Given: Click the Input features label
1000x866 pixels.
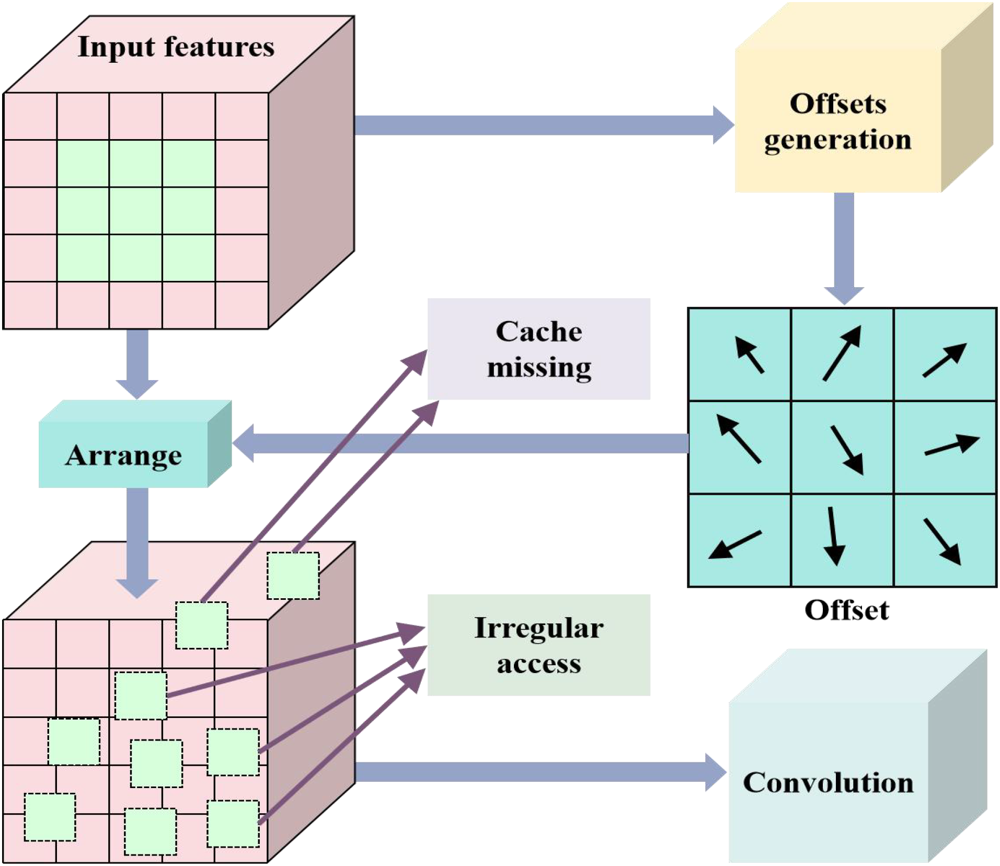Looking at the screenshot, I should click(176, 47).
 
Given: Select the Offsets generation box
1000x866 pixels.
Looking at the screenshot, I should click(838, 121).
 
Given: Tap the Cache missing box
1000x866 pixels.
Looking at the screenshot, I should click(538, 349).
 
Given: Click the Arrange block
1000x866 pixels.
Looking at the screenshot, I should click(124, 455).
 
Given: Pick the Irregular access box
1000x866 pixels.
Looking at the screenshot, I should click(538, 645).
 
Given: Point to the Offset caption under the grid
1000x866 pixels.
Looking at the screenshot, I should click(846, 610).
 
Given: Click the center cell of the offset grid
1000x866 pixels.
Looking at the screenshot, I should click(842, 448).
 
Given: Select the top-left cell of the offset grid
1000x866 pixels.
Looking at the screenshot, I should click(739, 355).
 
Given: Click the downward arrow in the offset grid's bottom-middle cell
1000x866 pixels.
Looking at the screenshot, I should click(834, 536).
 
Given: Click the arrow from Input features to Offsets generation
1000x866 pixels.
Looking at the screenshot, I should click(538, 126).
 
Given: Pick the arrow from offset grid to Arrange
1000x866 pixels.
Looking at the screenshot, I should click(460, 443).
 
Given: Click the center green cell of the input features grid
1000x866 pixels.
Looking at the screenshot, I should click(136, 211).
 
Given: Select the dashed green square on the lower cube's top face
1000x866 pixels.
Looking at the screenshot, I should click(293, 576).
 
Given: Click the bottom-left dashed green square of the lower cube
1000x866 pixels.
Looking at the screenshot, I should click(50, 817).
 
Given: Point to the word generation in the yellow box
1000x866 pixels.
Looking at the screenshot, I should click(838, 140).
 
